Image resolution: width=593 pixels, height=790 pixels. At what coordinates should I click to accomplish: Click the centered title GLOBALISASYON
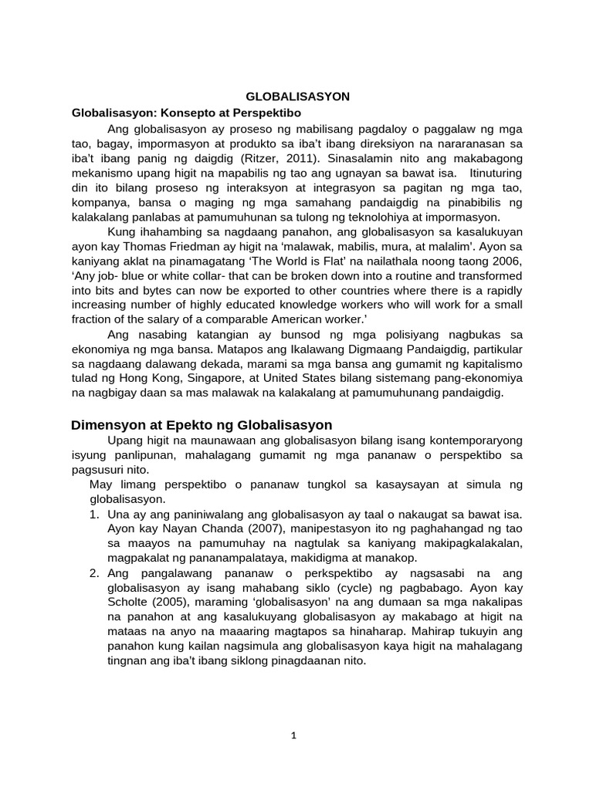click(x=297, y=96)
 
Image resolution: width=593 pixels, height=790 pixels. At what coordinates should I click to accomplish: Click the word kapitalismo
click(x=489, y=363)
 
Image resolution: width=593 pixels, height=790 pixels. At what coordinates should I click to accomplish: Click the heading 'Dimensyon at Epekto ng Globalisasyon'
click(x=202, y=425)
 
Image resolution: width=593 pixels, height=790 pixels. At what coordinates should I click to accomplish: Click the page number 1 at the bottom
click(x=293, y=735)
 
